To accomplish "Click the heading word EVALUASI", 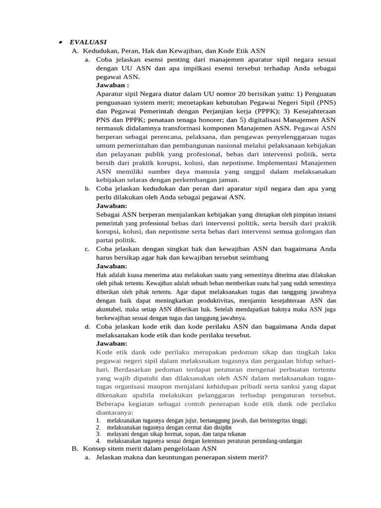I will tap(88, 42).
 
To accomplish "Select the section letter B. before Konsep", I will tap(75, 448).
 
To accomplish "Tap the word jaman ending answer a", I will tap(227, 180).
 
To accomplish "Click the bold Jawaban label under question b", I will tap(112, 205).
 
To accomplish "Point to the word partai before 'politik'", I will tap(107, 240).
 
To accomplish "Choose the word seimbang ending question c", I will tap(254, 257).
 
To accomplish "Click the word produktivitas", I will tap(209, 301).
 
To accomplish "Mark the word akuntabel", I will tap(110, 309).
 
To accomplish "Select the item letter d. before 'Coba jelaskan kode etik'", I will tap(87, 326).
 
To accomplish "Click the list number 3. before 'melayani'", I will tap(98, 434).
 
